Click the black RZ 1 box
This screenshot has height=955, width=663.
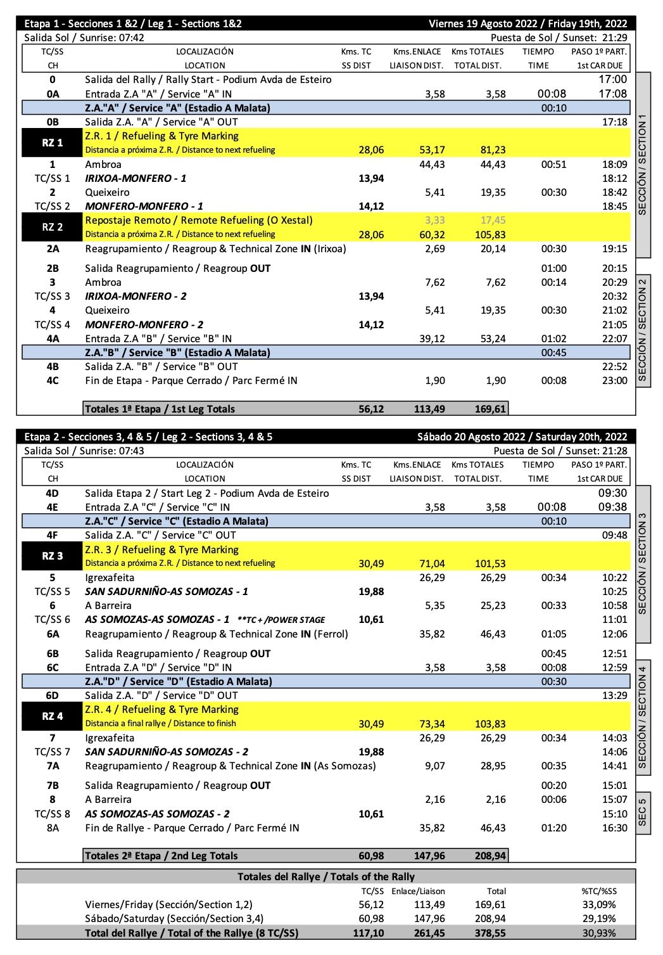click(53, 143)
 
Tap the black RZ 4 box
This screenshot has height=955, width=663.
click(53, 716)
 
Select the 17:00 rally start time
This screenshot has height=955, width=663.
click(613, 79)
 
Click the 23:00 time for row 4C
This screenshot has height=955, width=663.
click(615, 380)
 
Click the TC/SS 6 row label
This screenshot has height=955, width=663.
click(53, 619)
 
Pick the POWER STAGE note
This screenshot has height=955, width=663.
click(281, 620)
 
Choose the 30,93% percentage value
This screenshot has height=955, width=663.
click(599, 933)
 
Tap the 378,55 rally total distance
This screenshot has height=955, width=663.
click(490, 933)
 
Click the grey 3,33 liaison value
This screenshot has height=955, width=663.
click(434, 220)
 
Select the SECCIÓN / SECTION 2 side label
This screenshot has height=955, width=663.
click(643, 330)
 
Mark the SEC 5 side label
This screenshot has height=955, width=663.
click(643, 812)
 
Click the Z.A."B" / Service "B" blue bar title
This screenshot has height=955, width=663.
click(177, 352)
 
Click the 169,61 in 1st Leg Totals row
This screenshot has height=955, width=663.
click(490, 409)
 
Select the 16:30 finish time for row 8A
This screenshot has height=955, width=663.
click(615, 828)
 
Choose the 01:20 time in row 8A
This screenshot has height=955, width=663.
click(553, 828)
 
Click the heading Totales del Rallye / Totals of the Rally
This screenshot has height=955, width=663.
click(326, 876)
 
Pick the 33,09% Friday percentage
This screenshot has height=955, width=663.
click(599, 904)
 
